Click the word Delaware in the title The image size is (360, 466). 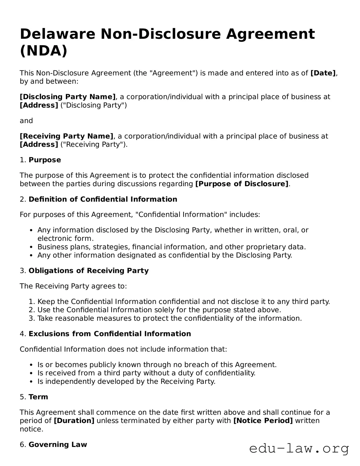tap(57, 34)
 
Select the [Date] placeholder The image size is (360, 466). tap(323, 73)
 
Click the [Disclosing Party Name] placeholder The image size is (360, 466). tap(68, 97)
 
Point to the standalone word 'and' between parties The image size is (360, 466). tap(26, 121)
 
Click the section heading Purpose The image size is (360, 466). tap(45, 160)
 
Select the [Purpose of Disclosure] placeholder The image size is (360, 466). tap(242, 184)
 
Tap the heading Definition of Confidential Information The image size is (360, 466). tap(103, 199)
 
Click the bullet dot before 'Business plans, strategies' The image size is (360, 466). tap(31, 247)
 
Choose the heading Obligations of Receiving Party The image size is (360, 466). tap(88, 271)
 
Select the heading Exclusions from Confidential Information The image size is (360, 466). tap(110, 334)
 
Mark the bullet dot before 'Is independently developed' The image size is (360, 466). tap(31, 382)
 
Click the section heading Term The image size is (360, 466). tap(38, 397)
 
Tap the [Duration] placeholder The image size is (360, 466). tap(74, 420)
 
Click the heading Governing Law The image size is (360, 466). tap(58, 444)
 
